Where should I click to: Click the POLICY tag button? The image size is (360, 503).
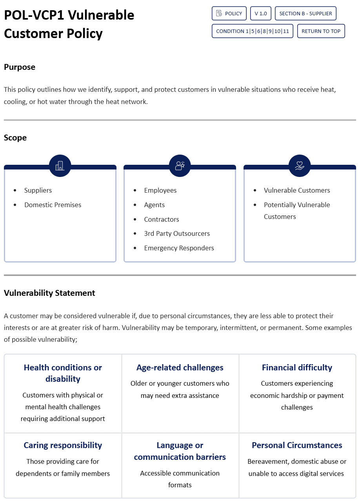(x=229, y=13)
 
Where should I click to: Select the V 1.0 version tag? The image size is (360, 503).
(x=260, y=13)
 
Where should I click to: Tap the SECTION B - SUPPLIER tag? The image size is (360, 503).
(x=305, y=13)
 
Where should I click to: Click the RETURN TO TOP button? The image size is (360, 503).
(x=321, y=31)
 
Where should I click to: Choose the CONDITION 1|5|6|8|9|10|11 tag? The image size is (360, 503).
(x=252, y=31)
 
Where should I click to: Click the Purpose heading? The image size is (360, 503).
(x=20, y=67)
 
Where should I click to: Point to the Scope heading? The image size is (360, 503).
(x=15, y=138)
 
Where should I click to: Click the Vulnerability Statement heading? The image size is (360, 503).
(x=49, y=293)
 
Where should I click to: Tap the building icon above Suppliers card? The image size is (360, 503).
(x=60, y=166)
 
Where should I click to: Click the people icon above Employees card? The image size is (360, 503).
(x=180, y=166)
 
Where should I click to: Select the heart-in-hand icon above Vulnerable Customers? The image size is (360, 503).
(x=300, y=166)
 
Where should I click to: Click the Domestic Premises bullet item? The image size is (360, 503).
(x=53, y=205)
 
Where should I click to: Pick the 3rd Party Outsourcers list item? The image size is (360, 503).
(x=177, y=233)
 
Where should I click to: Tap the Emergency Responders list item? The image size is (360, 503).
(x=179, y=248)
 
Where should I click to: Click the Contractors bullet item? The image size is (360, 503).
(x=161, y=219)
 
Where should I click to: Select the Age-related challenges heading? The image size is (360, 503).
(x=180, y=368)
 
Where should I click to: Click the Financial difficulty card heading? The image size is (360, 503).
(x=297, y=368)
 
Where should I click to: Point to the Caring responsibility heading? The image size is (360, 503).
(x=63, y=445)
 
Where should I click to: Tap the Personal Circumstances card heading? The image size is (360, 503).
(x=297, y=445)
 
